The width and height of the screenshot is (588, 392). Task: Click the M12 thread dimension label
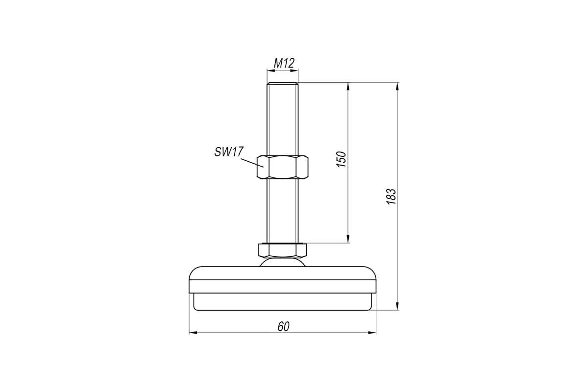click(284, 63)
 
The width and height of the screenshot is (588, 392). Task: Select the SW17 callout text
click(229, 152)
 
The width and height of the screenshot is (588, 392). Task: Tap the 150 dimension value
click(341, 159)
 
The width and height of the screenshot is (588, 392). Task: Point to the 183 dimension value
click(391, 196)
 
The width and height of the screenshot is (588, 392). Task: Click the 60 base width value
click(284, 327)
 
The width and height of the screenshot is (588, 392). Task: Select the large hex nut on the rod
click(282, 167)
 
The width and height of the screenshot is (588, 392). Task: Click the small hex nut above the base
click(282, 250)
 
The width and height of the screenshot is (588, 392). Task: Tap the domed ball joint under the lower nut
click(282, 262)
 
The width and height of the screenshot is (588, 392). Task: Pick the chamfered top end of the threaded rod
click(282, 84)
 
